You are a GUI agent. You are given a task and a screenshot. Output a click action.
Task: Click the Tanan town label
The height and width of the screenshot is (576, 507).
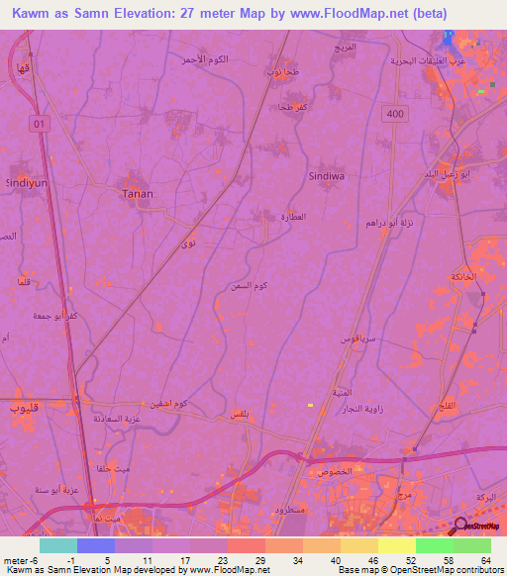click(137, 194)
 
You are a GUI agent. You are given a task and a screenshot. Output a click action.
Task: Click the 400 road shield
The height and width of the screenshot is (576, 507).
click(397, 115)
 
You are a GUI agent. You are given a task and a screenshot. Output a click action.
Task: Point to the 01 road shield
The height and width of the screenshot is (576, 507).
click(39, 123)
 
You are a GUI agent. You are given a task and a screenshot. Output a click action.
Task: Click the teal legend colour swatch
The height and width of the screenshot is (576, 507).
click(58, 545)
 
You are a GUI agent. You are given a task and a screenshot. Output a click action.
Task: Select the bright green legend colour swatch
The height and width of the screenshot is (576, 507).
click(435, 545)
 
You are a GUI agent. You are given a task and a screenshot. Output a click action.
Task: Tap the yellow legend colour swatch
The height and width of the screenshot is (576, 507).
click(397, 545)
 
